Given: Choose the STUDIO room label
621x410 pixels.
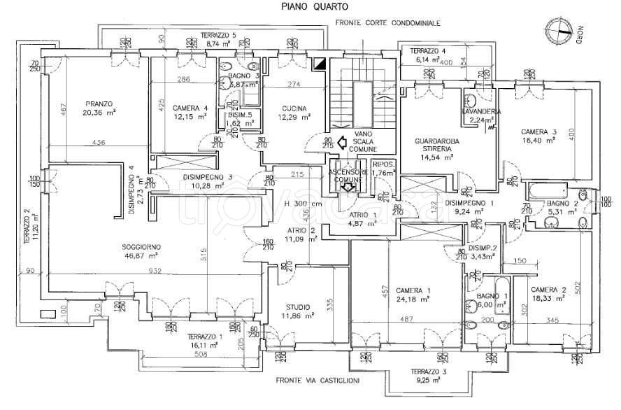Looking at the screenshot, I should click(x=299, y=306).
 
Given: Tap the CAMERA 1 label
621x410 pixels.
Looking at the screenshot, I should click(x=413, y=290).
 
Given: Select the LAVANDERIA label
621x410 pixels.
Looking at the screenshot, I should click(x=479, y=112).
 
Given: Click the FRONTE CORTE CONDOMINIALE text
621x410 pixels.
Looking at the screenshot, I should click(x=387, y=23).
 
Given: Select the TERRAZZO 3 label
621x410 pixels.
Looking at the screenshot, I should click(x=429, y=371).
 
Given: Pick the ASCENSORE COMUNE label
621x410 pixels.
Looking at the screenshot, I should click(x=348, y=176).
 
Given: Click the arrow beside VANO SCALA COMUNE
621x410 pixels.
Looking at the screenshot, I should click(x=342, y=142).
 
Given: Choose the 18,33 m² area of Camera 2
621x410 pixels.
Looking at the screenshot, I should click(x=548, y=298).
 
